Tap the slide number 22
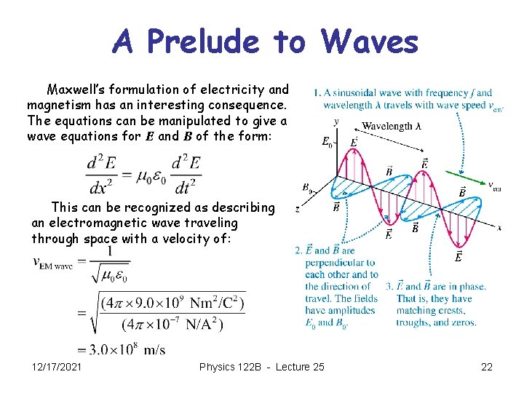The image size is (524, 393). point(487,367)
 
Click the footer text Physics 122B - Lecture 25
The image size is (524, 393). point(262,367)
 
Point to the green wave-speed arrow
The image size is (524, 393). point(465,179)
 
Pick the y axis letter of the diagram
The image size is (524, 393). point(336,121)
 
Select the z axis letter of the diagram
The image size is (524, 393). point(297,210)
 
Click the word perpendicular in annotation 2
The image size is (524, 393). point(340,262)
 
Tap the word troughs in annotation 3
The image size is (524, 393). point(416,322)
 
